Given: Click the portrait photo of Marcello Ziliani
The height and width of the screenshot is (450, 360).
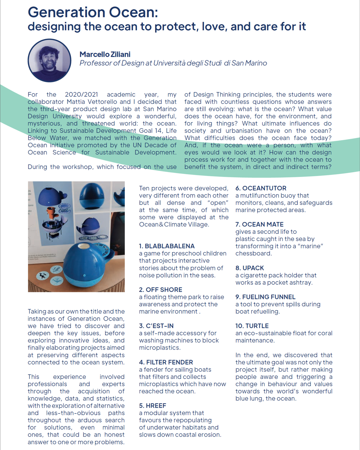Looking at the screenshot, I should click(x=49, y=60).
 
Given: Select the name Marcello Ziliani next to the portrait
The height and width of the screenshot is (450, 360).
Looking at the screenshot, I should click(x=105, y=54).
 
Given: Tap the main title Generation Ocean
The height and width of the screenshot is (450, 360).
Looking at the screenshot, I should click(x=93, y=12).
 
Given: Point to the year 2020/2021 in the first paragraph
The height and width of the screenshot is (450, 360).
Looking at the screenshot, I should click(x=81, y=95).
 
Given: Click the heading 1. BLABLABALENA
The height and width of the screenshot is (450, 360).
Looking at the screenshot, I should click(x=167, y=246).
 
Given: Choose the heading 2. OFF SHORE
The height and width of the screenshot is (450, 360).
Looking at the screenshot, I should click(x=161, y=290).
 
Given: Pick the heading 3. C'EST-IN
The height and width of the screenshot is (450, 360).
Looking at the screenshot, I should click(x=156, y=326).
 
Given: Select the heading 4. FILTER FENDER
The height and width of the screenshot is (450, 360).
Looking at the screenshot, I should click(x=166, y=362).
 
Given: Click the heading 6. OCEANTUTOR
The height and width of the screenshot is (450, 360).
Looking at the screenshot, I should click(x=261, y=188).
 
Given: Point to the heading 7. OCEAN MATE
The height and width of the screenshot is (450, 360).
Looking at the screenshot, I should click(x=259, y=225).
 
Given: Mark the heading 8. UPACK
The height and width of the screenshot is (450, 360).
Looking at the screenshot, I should click(x=250, y=268).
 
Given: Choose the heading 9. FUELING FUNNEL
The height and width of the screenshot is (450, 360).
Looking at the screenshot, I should click(x=265, y=297).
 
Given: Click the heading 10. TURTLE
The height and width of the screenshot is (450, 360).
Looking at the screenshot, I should click(x=252, y=326).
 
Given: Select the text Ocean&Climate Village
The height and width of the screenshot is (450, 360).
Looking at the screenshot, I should click(x=174, y=225).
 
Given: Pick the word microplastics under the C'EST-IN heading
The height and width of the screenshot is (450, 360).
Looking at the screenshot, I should click(x=159, y=348).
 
